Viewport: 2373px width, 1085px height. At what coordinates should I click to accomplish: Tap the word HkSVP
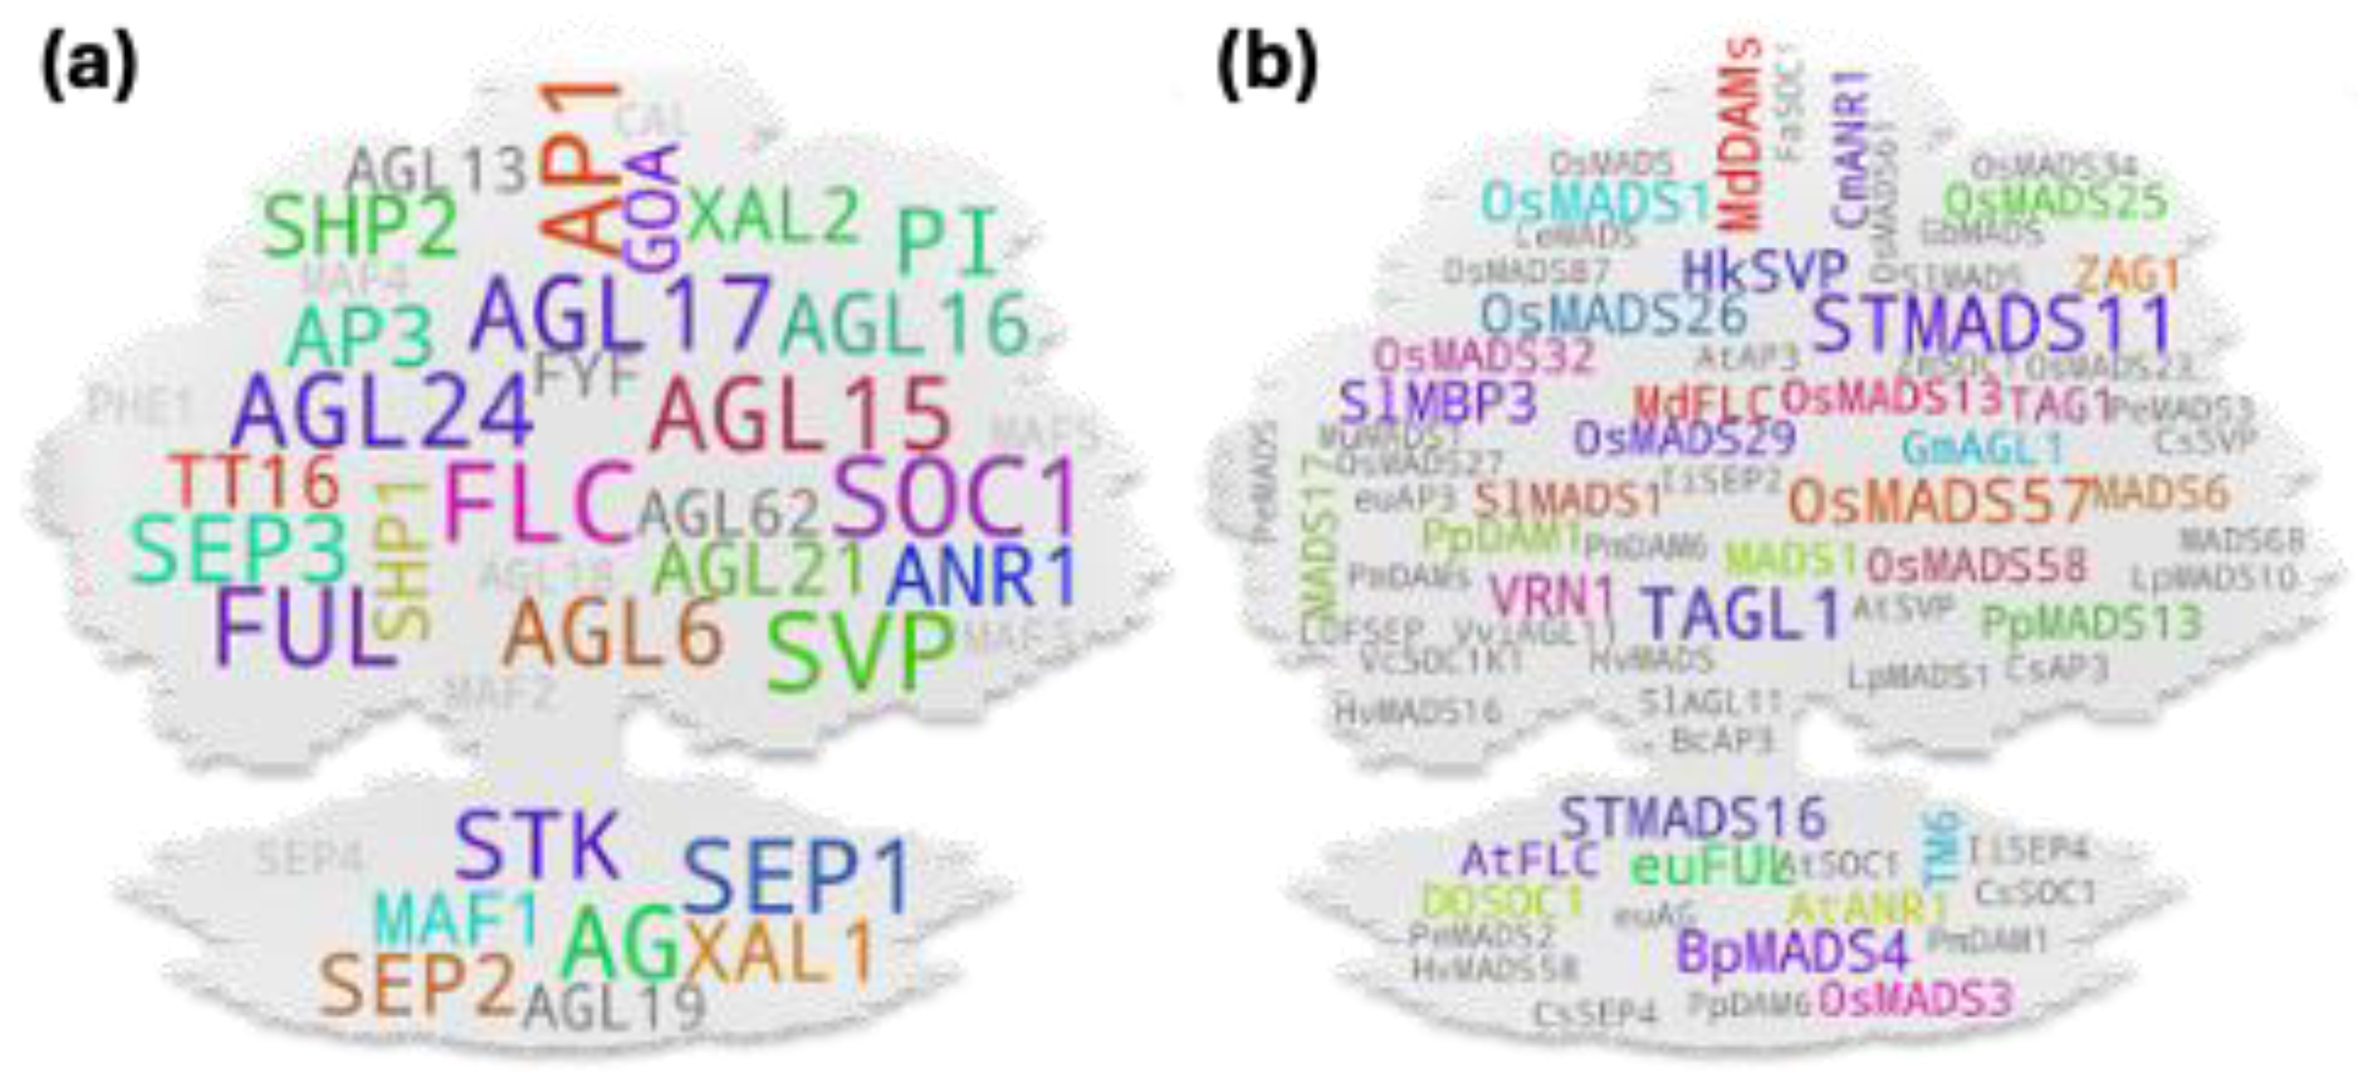[x=1764, y=271]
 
